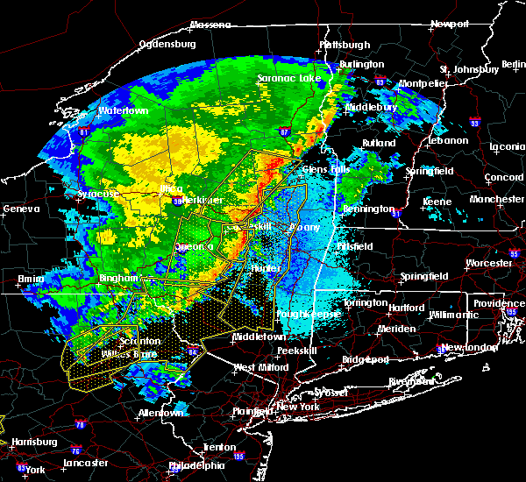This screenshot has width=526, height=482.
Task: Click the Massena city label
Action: (x=210, y=24)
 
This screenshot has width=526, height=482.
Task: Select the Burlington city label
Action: (x=363, y=64)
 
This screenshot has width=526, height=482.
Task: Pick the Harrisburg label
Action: (x=34, y=442)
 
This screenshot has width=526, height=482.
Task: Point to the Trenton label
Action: (x=218, y=447)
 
